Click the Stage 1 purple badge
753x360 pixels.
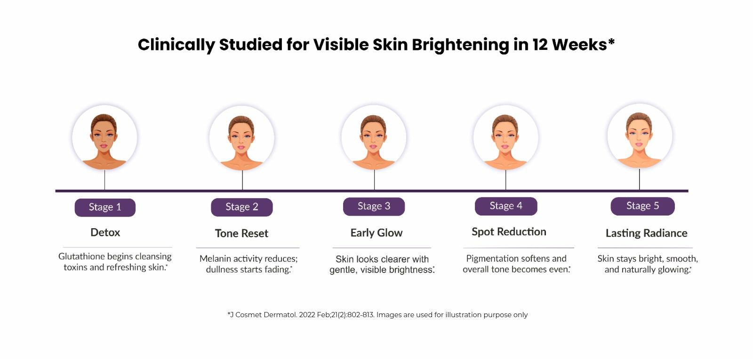tap(105, 208)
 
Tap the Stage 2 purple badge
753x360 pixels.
tap(242, 207)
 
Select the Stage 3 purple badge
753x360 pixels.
tap(374, 207)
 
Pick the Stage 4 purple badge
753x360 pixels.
tap(506, 206)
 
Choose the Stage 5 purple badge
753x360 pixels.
tap(642, 206)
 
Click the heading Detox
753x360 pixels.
tap(105, 232)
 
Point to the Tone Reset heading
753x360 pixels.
tap(241, 233)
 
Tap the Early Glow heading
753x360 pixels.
tap(376, 232)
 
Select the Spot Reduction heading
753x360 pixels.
tap(509, 232)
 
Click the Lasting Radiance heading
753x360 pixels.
tap(647, 233)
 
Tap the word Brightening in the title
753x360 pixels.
tap(460, 45)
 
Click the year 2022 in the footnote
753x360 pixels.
tap(307, 315)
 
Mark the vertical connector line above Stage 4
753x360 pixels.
tap(505, 180)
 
